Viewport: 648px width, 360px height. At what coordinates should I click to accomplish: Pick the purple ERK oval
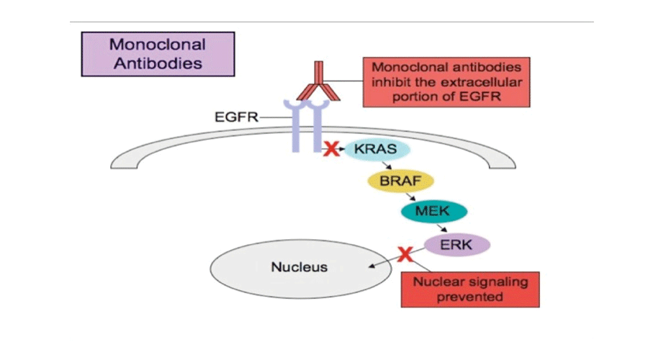(457, 244)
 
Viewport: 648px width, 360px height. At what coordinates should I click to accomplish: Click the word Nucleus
(299, 267)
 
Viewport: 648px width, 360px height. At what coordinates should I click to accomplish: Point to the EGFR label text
(237, 117)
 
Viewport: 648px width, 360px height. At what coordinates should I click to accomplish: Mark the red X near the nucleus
(405, 254)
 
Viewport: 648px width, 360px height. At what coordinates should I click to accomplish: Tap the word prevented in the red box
(469, 296)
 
